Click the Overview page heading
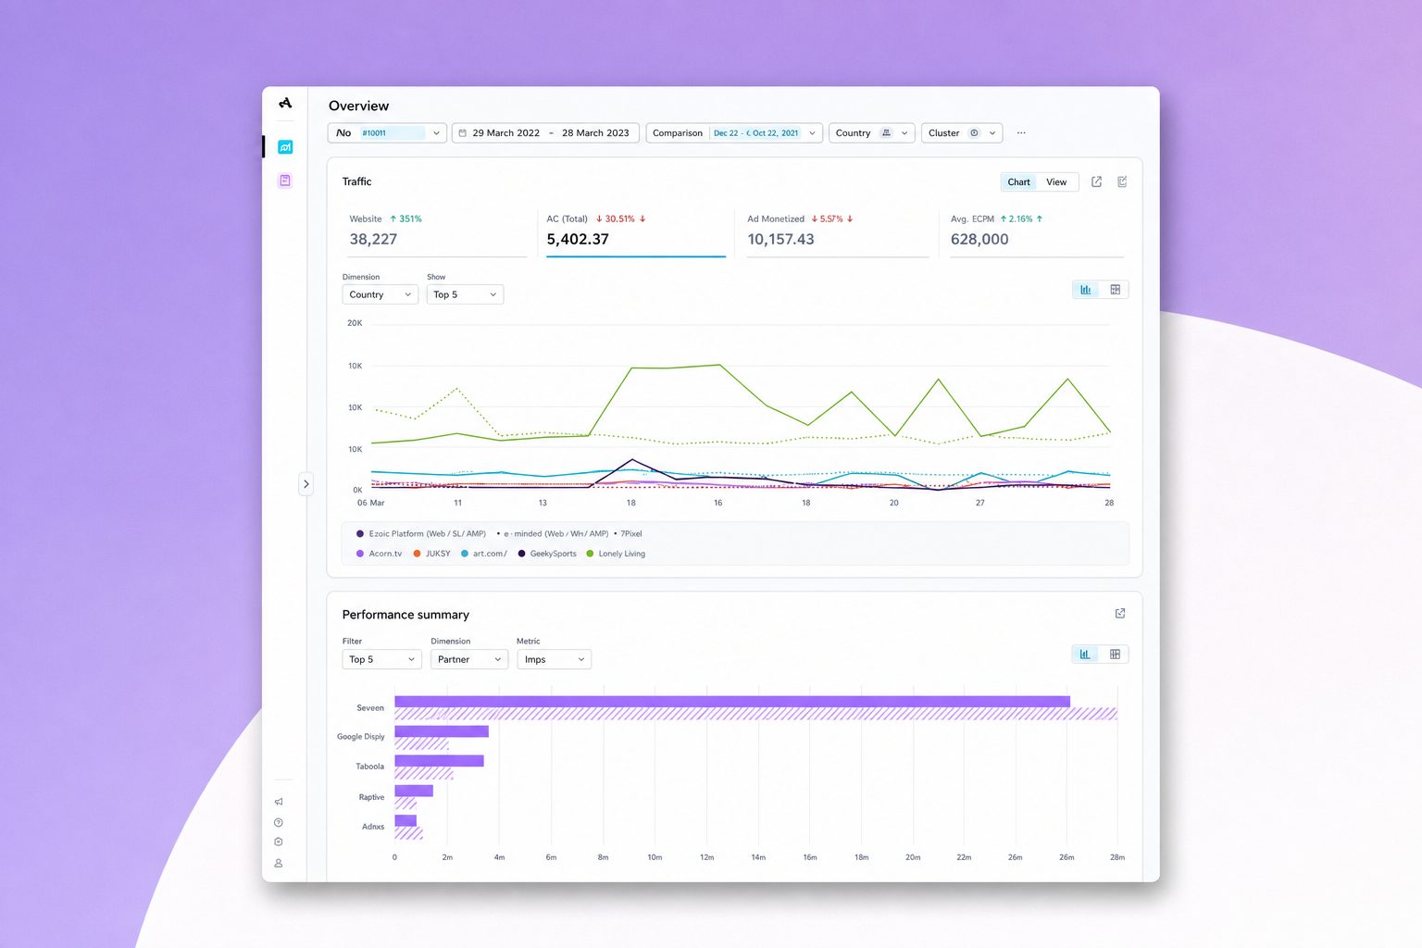pyautogui.click(x=358, y=106)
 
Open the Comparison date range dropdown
pyautogui.click(x=734, y=132)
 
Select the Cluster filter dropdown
pyautogui.click(x=962, y=132)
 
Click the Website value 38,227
pyautogui.click(x=373, y=239)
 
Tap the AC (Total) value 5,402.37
pyautogui.click(x=578, y=239)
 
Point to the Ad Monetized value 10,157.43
pyautogui.click(x=780, y=239)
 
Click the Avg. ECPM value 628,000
pyautogui.click(x=979, y=239)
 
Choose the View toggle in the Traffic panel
pyautogui.click(x=1056, y=182)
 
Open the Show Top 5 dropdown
pyautogui.click(x=465, y=294)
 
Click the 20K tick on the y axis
pyautogui.click(x=355, y=323)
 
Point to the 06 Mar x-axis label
pyautogui.click(x=370, y=503)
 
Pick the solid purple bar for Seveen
pyautogui.click(x=732, y=702)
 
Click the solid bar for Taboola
pyautogui.click(x=440, y=761)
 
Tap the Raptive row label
pyautogui.click(x=371, y=797)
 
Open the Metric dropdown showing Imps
pyautogui.click(x=555, y=659)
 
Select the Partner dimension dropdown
pyautogui.click(x=469, y=659)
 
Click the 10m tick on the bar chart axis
pyautogui.click(x=655, y=857)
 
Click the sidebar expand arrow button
pyautogui.click(x=306, y=484)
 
